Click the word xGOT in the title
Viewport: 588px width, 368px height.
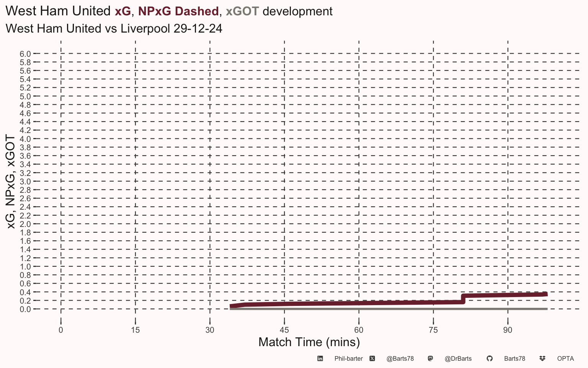[x=242, y=11]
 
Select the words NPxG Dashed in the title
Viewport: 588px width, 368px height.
[x=178, y=11]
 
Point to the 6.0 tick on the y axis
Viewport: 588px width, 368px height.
[x=25, y=54]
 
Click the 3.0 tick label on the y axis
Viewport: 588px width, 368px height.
[x=25, y=182]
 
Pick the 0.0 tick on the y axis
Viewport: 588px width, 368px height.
[x=25, y=309]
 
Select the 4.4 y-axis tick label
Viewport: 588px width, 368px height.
[x=25, y=122]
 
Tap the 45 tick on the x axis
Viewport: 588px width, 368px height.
[x=284, y=330]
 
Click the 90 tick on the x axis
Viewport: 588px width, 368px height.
[x=508, y=330]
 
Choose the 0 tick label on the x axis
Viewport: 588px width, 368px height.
[x=61, y=330]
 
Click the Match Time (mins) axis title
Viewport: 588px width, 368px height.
[x=309, y=342]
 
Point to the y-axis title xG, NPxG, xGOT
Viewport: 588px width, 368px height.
[x=11, y=182]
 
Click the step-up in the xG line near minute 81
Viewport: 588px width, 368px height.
[x=463, y=299]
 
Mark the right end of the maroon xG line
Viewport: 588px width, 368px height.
[x=546, y=294]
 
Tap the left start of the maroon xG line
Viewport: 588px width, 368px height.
[x=232, y=306]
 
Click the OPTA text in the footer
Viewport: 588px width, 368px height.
[x=565, y=359]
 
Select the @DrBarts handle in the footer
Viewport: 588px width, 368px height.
[x=458, y=359]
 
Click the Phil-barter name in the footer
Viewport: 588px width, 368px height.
[x=348, y=359]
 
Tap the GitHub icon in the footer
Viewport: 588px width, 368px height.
[x=489, y=359]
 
